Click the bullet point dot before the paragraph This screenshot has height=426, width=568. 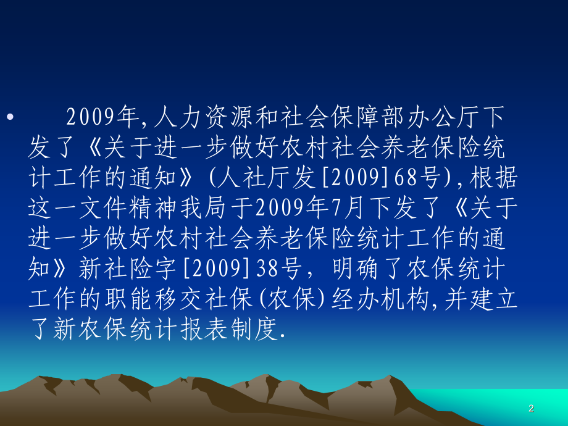click(x=8, y=117)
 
